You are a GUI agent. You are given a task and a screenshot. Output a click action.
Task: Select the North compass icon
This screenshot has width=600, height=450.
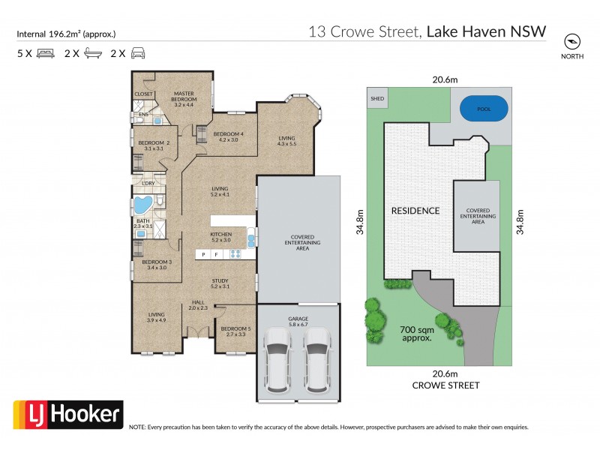pyautogui.click(x=573, y=42)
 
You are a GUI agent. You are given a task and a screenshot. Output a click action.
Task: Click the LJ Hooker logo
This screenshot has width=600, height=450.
pyautogui.click(x=68, y=414)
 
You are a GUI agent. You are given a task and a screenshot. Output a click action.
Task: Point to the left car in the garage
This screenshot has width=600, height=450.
pyautogui.click(x=277, y=363)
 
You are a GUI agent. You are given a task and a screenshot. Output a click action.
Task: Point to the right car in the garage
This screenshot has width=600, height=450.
pyautogui.click(x=318, y=363)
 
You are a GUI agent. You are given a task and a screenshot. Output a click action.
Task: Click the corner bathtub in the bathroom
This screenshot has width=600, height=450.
pyautogui.click(x=143, y=205)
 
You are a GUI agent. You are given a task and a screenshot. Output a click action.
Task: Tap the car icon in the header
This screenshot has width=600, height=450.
pyautogui.click(x=138, y=54)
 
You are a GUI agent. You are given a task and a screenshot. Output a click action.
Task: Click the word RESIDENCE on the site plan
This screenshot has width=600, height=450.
pyautogui.click(x=415, y=211)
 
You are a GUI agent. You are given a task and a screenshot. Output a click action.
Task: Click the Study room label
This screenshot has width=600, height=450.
pyautogui.click(x=219, y=283)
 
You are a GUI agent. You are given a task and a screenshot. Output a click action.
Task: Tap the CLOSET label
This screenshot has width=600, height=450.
pyautogui.click(x=143, y=94)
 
